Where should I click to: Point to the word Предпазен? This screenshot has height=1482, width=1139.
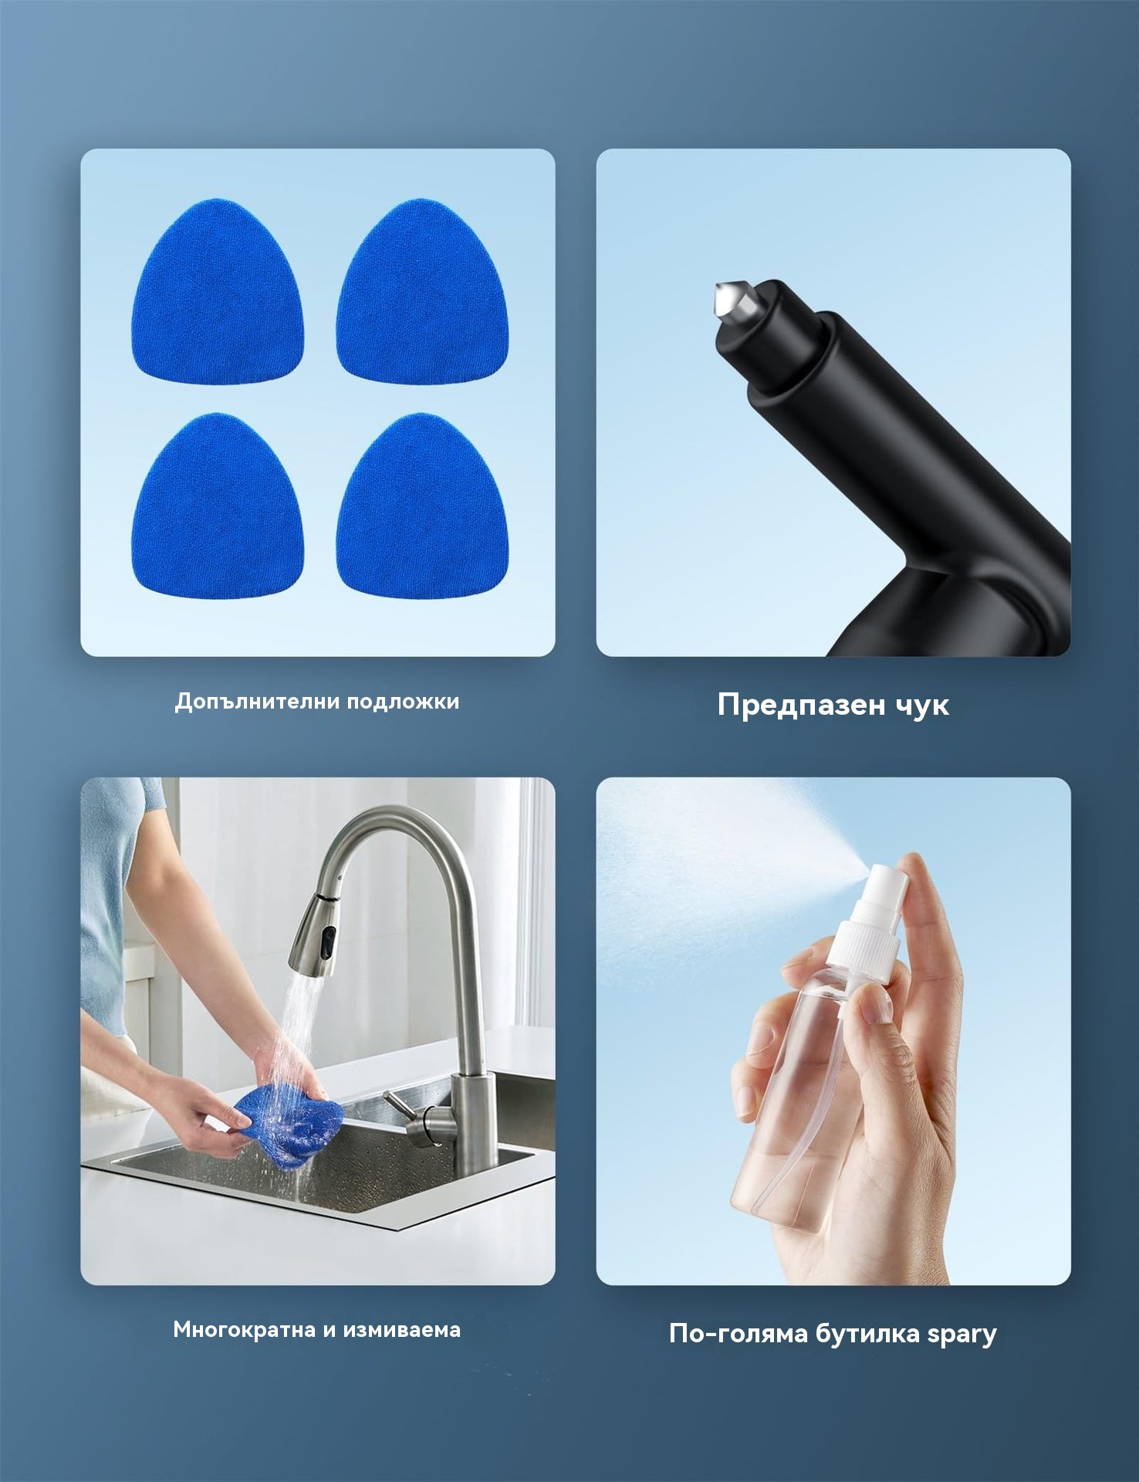pos(802,705)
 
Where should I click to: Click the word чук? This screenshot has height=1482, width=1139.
pos(923,705)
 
